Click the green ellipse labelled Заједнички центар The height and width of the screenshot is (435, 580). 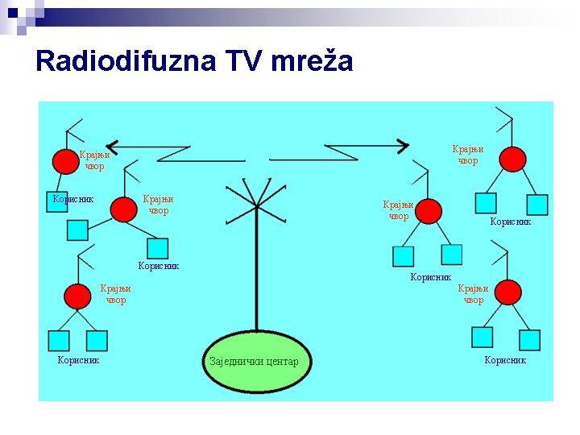click(x=255, y=361)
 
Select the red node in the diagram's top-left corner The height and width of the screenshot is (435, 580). click(x=64, y=162)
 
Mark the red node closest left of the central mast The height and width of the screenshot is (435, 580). click(x=123, y=209)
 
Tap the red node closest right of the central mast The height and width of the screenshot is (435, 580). click(x=429, y=211)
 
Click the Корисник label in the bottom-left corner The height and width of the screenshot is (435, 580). click(x=78, y=360)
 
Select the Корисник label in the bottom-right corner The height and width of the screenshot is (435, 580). click(x=505, y=360)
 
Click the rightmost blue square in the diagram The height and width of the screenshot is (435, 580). click(x=537, y=205)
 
